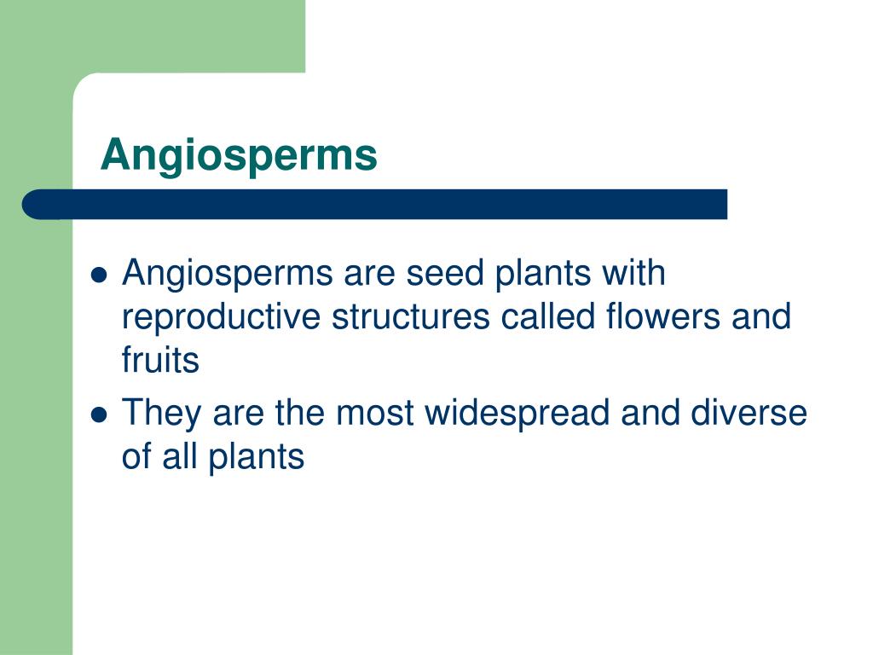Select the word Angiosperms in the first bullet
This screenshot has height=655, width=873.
click(228, 275)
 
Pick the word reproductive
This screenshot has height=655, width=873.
click(222, 317)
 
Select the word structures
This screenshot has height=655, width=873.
click(411, 317)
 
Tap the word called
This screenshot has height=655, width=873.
click(545, 317)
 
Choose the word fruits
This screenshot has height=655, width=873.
click(160, 360)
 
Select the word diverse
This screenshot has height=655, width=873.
click(748, 414)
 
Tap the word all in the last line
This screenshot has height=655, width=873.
click(180, 456)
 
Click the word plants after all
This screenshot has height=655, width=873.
click(255, 456)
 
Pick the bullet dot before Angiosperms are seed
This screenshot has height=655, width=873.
click(99, 275)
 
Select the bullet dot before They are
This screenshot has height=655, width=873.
click(99, 414)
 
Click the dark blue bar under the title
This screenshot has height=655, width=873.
click(375, 205)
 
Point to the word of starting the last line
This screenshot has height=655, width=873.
click(136, 456)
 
